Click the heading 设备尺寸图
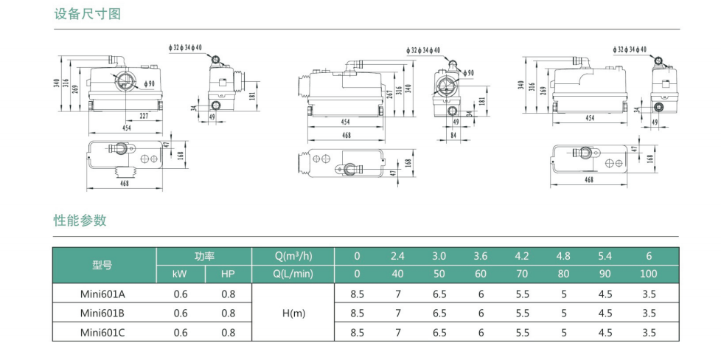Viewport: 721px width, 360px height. click(88, 14)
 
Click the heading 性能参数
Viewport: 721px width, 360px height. click(80, 221)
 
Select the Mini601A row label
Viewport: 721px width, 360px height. click(102, 294)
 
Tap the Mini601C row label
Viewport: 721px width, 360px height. click(102, 333)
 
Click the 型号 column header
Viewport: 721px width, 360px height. click(102, 265)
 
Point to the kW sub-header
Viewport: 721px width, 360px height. click(180, 274)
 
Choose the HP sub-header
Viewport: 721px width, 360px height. click(228, 274)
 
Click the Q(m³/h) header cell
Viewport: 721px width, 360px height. click(293, 256)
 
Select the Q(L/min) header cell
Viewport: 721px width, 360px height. click(293, 274)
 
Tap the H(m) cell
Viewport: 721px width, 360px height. click(293, 313)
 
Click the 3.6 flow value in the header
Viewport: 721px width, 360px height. click(481, 256)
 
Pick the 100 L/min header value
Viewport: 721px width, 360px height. click(648, 274)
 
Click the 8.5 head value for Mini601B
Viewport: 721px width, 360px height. click(357, 313)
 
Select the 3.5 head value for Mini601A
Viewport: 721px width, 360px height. click(648, 294)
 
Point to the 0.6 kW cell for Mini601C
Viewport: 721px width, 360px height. click(180, 333)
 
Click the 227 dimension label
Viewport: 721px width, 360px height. click(144, 116)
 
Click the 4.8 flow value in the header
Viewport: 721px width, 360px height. click(563, 256)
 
